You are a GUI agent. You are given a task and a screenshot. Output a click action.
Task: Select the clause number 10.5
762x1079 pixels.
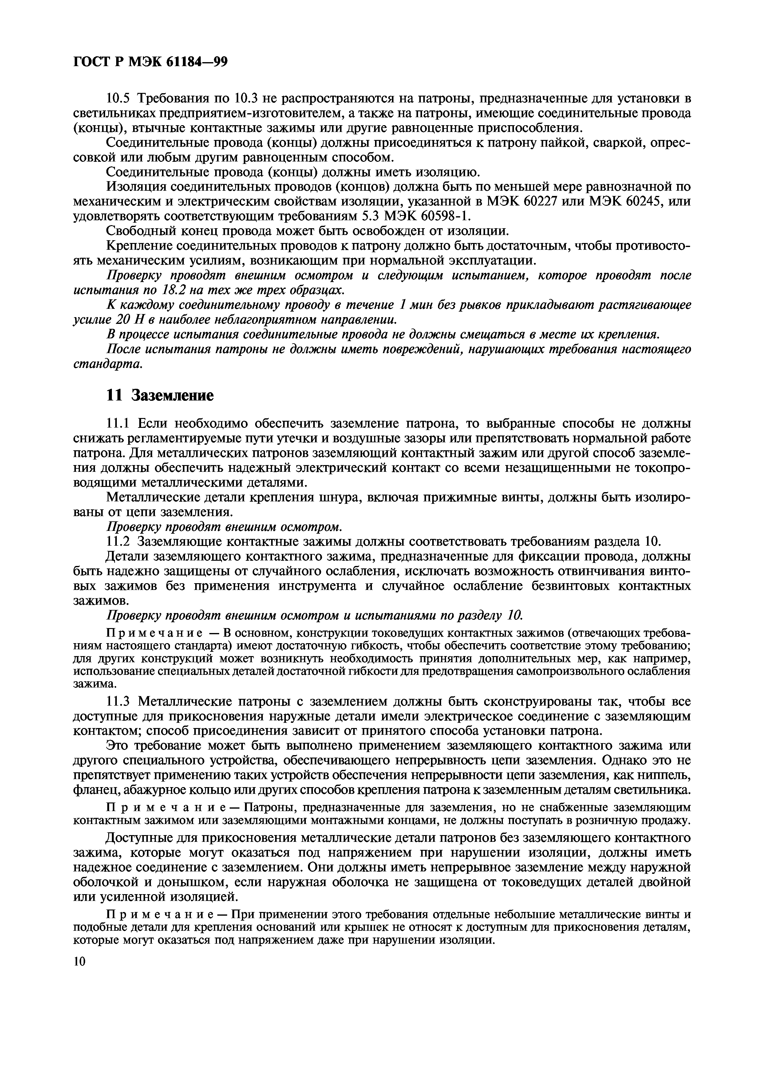pyautogui.click(x=120, y=99)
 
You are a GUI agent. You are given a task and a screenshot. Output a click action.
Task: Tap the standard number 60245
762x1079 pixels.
pyautogui.click(x=646, y=201)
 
